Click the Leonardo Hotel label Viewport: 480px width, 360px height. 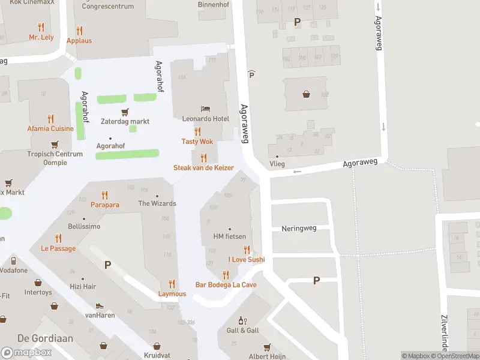(x=206, y=119)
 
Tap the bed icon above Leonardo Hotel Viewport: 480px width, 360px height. (x=206, y=109)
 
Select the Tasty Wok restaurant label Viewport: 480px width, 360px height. (x=197, y=142)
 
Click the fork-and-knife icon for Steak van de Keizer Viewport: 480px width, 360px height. (x=203, y=158)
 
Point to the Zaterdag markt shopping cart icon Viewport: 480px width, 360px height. (x=125, y=112)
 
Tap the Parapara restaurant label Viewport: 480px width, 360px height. (x=105, y=205)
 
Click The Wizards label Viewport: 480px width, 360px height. (x=157, y=203)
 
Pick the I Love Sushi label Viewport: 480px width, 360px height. (x=246, y=260)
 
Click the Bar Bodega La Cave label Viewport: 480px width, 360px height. (x=226, y=284)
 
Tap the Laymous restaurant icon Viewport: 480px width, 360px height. (x=172, y=284)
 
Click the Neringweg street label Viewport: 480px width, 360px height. (x=298, y=229)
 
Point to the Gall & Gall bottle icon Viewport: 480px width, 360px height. (x=242, y=321)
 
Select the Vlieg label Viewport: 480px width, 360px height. (x=277, y=164)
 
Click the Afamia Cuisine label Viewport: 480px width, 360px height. (x=50, y=128)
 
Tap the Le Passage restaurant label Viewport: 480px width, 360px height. (x=58, y=248)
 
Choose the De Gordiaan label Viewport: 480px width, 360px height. (x=37, y=338)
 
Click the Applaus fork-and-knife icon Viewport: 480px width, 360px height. (x=79, y=31)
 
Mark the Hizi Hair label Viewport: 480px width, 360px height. (x=83, y=287)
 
